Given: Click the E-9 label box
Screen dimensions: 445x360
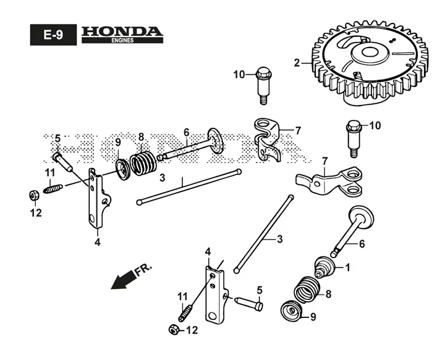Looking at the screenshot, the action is coord(53,35).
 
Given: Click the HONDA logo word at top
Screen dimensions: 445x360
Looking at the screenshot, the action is coord(122,31).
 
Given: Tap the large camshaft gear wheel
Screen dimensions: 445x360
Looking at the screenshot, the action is coord(370,63).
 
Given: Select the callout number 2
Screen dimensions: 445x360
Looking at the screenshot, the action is coord(297,63).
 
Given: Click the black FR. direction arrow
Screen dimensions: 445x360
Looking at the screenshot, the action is coord(123,280).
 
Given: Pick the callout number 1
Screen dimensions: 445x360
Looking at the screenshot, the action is coord(347,267).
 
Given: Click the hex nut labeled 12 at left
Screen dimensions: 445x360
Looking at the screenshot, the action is coord(34,195).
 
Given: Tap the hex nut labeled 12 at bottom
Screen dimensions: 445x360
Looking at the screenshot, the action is coord(174,329).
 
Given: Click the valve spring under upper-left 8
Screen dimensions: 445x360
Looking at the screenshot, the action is coord(143,164).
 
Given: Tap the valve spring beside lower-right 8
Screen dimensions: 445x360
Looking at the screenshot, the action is coord(307,290).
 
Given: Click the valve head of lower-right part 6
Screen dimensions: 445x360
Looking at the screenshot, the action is coord(361,217).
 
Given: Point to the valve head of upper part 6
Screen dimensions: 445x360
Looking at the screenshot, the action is coord(216,141).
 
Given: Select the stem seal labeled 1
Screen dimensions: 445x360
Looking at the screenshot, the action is coord(325,267).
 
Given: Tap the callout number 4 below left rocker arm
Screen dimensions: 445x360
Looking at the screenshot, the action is coord(98,242).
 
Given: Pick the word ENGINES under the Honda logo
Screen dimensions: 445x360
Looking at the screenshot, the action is coord(122,41).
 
